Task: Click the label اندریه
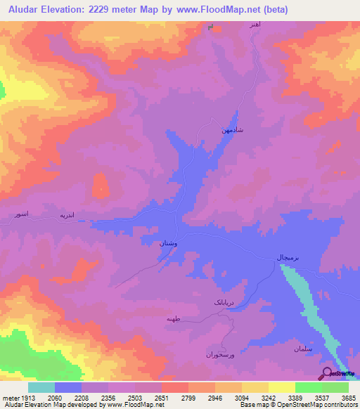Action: (66, 215)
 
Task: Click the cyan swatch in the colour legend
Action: (41, 387)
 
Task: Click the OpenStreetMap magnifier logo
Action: (327, 374)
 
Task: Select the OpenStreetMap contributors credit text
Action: (317, 405)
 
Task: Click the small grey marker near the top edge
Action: (211, 27)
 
